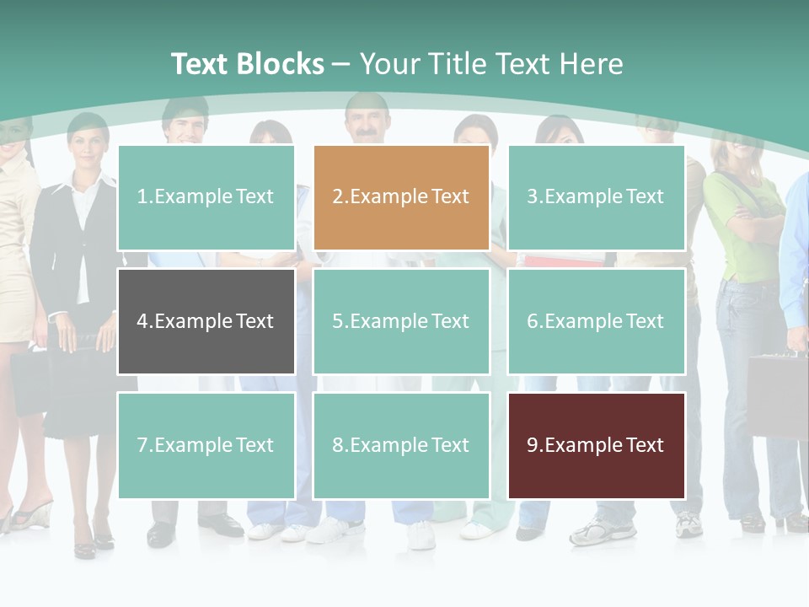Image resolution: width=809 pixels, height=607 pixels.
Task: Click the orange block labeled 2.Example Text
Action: pos(401,197)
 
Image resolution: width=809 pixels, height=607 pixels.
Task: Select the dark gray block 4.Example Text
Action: pos(206,321)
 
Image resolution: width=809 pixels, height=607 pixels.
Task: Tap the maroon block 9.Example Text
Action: pos(596,445)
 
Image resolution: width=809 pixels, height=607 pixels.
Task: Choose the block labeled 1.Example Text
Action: pos(206,197)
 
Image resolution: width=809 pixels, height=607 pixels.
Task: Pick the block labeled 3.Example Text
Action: pos(596,197)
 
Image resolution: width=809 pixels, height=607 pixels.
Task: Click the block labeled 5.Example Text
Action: pos(401,321)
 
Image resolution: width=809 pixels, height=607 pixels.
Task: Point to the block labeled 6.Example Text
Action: pos(596,321)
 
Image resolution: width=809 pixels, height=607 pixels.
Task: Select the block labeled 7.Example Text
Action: pos(206,445)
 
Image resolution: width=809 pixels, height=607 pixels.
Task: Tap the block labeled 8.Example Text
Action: pos(401,445)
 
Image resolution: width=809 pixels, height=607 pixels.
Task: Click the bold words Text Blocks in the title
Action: pos(247,64)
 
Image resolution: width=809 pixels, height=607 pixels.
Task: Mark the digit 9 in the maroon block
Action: pos(533,445)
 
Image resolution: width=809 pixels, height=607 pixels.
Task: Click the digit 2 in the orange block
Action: pos(337,197)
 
